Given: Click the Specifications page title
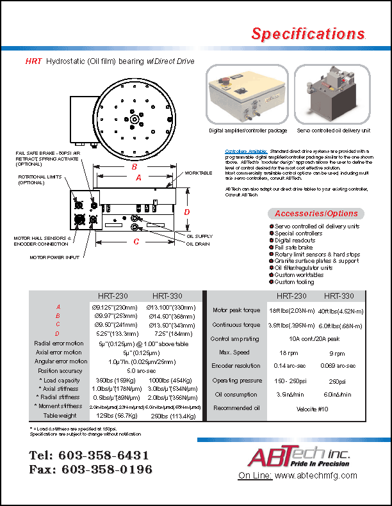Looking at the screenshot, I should tap(308, 34).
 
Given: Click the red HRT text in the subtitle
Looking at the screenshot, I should tap(33, 61).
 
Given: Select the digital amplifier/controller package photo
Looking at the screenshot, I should tap(247, 95).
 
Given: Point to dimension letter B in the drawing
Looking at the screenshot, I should tap(134, 167).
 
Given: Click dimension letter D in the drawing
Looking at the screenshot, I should tap(187, 212).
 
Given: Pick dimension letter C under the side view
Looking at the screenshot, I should tap(136, 242).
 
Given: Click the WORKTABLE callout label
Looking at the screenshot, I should tap(198, 173).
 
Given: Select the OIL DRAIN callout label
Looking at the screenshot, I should tap(198, 244).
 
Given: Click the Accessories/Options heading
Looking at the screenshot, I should tap(316, 213).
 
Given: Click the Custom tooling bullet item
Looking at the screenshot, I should tap(294, 282).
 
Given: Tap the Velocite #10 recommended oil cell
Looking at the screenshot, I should tap(316, 408).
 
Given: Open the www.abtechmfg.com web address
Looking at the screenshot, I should tap(316, 476).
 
